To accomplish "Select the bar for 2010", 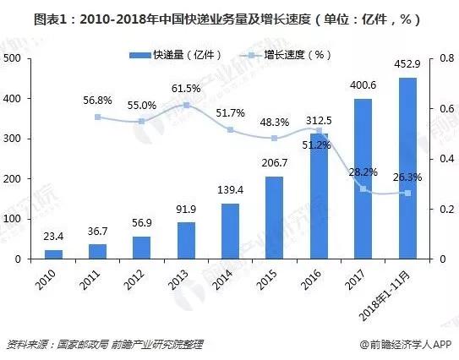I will [x=53, y=254].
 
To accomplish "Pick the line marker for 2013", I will [x=185, y=105].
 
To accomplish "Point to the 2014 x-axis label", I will [x=221, y=276].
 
